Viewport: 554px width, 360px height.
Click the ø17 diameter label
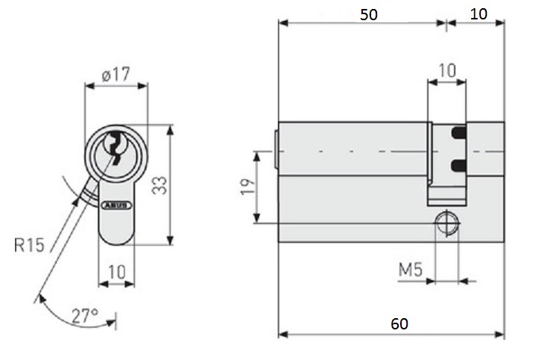pos(116,75)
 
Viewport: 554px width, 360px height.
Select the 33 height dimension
pos(158,185)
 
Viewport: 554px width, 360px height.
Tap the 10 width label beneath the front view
pos(116,271)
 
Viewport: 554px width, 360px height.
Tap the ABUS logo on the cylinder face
pos(116,203)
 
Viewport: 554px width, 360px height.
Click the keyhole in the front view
pos(116,146)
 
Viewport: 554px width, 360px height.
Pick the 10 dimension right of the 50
pos(478,14)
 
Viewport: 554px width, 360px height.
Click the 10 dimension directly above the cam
pos(446,70)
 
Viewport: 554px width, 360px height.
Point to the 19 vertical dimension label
pos(246,186)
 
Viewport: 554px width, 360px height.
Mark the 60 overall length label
pos(399,323)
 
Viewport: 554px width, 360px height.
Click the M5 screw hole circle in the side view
pos(446,223)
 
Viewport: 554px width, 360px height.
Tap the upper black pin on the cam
pos(458,133)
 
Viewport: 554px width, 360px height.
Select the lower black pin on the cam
pos(458,164)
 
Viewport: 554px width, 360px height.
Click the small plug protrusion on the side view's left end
pos(276,149)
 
